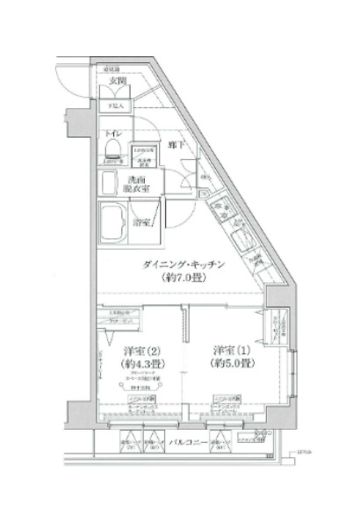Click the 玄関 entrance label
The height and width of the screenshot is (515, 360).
(116, 82)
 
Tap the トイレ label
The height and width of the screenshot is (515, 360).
(112, 134)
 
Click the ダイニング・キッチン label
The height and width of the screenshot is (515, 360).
(187, 264)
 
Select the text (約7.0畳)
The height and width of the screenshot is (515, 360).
(187, 279)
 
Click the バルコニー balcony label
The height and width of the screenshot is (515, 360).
(189, 441)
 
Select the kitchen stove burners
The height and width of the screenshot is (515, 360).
(241, 237)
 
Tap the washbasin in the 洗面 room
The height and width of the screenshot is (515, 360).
(110, 183)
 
